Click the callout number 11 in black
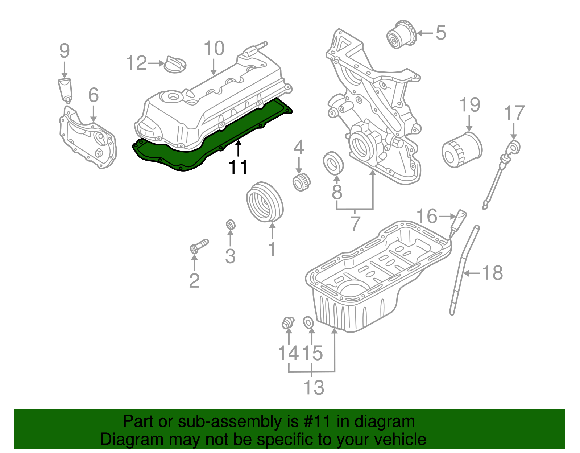[x=238, y=167]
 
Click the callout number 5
[x=440, y=33]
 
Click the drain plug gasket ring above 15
[x=308, y=322]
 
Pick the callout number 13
[x=314, y=387]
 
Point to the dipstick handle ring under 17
[x=514, y=147]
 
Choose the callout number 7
[x=355, y=224]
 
